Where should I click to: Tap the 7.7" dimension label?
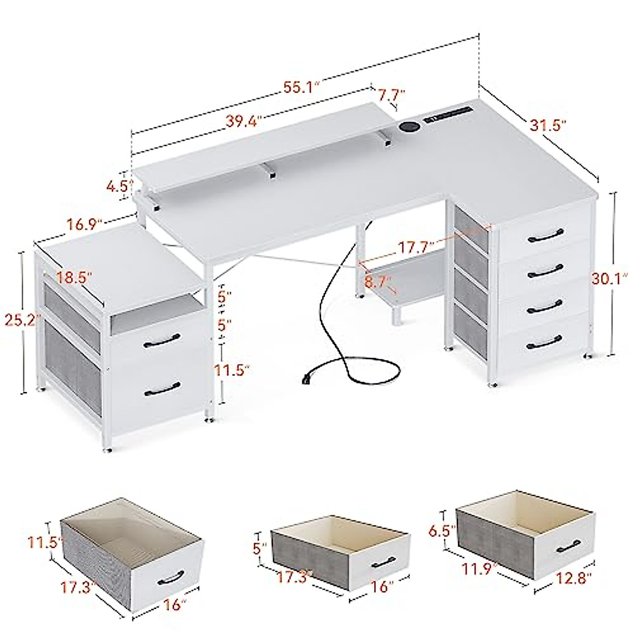[x=391, y=96]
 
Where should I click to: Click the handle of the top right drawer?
[x=545, y=236]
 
